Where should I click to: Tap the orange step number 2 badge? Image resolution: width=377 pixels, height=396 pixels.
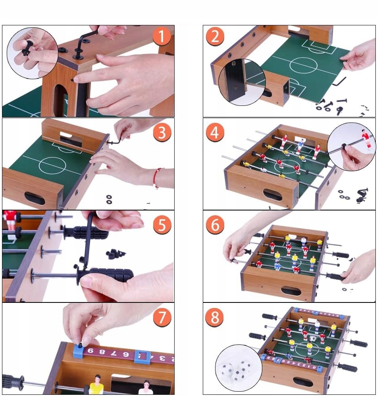[215, 36]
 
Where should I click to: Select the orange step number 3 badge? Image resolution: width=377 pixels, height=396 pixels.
[162, 132]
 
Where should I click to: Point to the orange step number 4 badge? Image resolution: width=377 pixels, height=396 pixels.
[215, 132]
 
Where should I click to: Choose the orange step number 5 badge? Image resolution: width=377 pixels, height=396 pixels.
[162, 225]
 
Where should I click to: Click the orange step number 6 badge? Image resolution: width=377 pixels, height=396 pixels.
[215, 225]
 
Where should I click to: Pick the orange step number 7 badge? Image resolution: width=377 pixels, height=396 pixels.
[162, 318]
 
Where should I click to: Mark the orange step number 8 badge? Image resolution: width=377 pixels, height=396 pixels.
[215, 318]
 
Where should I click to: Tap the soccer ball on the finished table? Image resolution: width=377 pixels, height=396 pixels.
[312, 338]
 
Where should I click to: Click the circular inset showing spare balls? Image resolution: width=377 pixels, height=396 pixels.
[239, 368]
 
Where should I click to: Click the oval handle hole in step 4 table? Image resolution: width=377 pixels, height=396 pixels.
[273, 195]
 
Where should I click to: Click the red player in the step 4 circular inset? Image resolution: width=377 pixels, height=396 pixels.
[365, 139]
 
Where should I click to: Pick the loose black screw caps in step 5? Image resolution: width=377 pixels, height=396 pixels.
[115, 254]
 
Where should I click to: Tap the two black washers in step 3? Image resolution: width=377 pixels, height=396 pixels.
[109, 199]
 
